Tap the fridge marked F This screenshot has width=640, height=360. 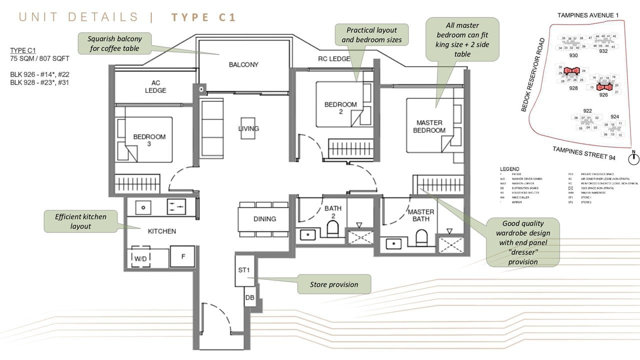[x=183, y=256]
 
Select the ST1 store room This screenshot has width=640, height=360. [x=245, y=270]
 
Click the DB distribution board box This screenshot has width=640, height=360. [x=250, y=298]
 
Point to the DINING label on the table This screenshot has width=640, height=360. [x=264, y=219]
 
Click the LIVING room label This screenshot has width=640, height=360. [x=248, y=128]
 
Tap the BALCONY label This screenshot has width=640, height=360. [x=243, y=64]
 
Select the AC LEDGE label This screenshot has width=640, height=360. [x=155, y=86]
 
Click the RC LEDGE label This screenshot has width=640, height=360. [x=334, y=59]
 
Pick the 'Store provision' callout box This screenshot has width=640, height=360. [x=334, y=284]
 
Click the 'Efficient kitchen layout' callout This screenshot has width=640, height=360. [x=81, y=221]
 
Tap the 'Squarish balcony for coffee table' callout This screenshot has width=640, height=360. [x=114, y=43]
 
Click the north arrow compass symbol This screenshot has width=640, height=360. [x=633, y=158]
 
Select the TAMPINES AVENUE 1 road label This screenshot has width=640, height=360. [x=588, y=15]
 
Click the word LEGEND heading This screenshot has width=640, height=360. [x=509, y=169]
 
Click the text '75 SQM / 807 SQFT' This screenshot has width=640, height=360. [x=39, y=58]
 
